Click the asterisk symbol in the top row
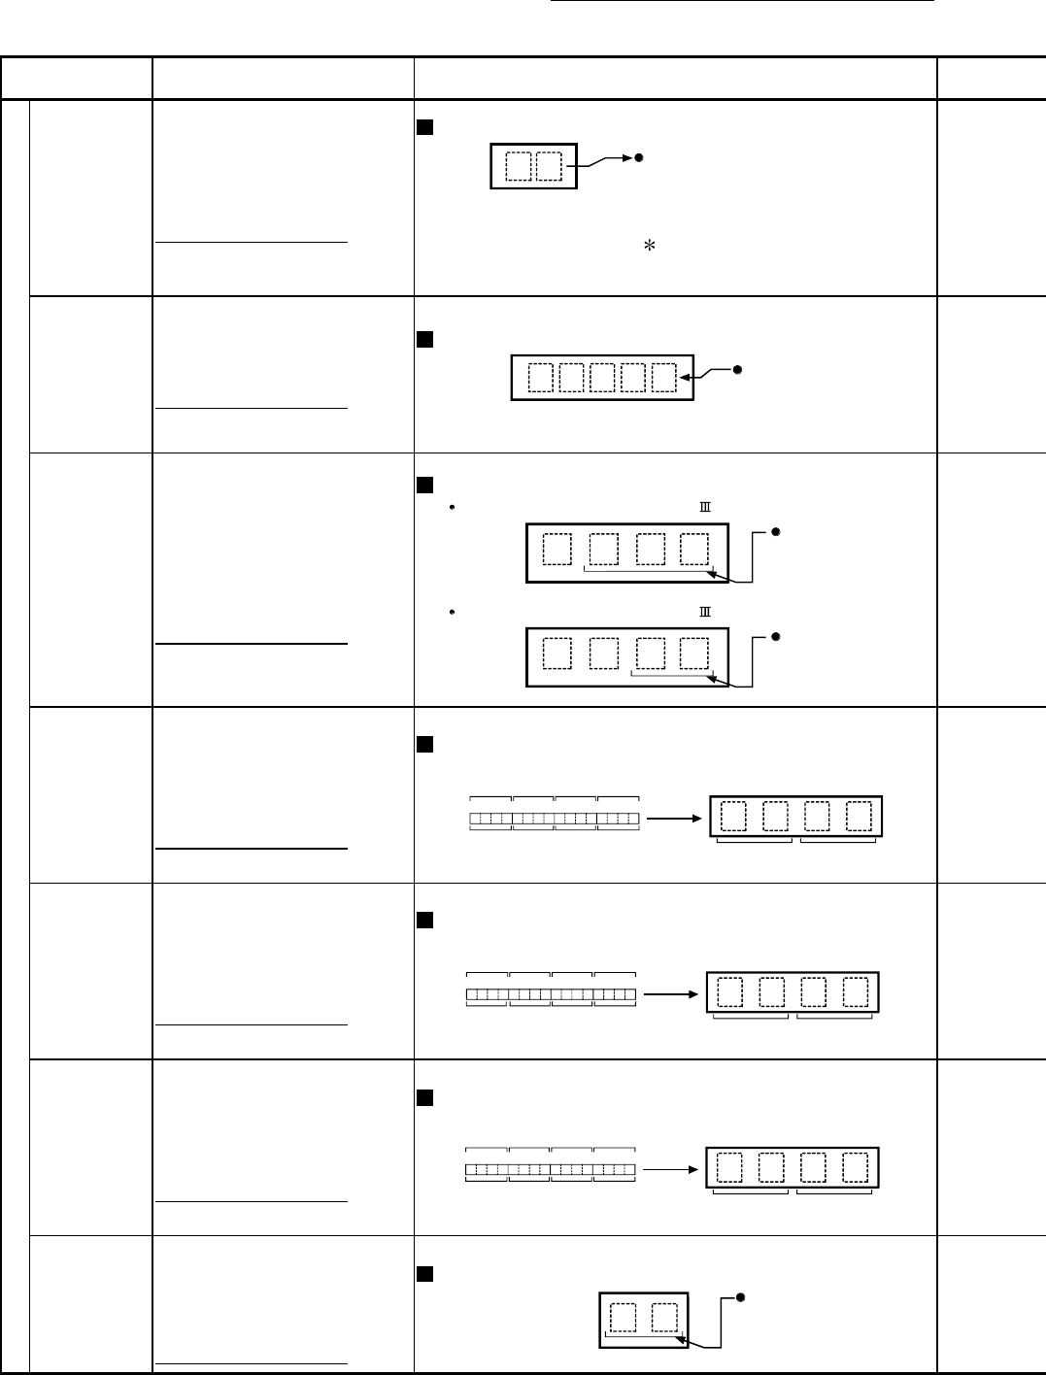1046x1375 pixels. click(644, 249)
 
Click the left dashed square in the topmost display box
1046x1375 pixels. click(520, 166)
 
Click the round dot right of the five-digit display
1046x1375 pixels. click(737, 369)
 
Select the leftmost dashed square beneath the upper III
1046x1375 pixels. click(557, 550)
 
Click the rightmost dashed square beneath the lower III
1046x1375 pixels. click(693, 654)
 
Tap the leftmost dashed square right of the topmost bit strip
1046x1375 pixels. click(734, 817)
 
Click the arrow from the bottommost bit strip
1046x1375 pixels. click(672, 1169)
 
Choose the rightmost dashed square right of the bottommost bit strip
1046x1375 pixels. click(855, 1167)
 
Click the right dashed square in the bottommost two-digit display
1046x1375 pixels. click(664, 1318)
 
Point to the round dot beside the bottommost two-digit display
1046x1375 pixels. click(739, 1296)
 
